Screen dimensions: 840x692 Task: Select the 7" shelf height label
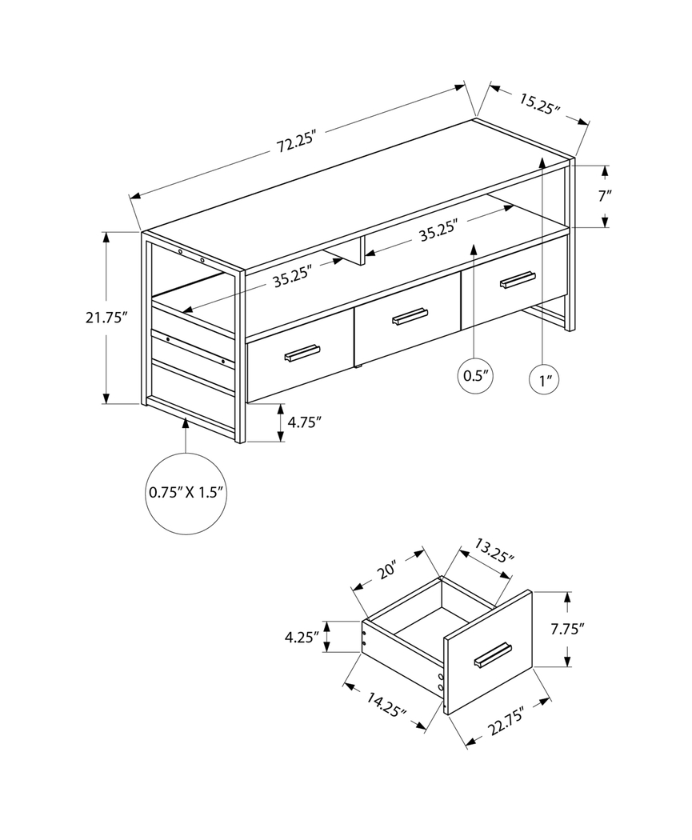click(605, 195)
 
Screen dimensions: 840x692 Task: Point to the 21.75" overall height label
click(106, 318)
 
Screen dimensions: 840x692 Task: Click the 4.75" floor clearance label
click(304, 422)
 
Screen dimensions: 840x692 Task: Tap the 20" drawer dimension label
click(387, 571)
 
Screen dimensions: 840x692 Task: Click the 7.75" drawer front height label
click(566, 629)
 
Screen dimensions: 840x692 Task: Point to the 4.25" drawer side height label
click(302, 637)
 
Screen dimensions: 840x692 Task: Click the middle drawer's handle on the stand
click(410, 318)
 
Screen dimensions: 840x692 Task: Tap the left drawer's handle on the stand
click(297, 353)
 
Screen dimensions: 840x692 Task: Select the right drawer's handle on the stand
click(517, 279)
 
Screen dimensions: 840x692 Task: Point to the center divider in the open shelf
click(362, 250)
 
